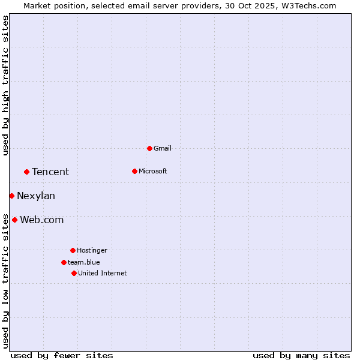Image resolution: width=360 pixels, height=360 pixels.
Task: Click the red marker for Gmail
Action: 149,148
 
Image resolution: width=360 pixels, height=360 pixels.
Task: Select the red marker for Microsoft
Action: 134,171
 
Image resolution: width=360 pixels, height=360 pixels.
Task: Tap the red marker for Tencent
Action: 26,172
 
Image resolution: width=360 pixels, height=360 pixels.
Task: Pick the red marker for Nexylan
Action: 11,196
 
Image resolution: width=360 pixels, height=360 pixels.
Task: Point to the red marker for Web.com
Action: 14,220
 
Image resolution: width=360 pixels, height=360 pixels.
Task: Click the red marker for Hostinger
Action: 73,250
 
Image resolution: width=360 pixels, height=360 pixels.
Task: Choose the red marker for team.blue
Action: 64,262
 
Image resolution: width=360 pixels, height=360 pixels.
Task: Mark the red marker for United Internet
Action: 74,273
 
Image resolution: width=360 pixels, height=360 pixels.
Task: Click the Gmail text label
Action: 163,148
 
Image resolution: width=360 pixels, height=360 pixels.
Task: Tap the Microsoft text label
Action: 152,171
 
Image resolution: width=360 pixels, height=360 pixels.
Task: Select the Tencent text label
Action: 50,172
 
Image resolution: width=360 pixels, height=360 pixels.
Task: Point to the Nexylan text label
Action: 36,196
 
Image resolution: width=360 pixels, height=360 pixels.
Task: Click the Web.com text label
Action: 41,220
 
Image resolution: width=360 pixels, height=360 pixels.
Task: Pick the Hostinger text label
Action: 92,250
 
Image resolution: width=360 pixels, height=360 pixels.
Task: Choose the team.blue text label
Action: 83,262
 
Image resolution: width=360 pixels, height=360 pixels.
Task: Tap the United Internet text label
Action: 102,273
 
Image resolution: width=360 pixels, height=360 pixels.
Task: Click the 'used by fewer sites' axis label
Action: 62,355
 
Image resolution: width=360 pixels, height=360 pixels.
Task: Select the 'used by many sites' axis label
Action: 301,355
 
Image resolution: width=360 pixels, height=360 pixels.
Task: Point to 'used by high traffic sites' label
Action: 5,85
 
